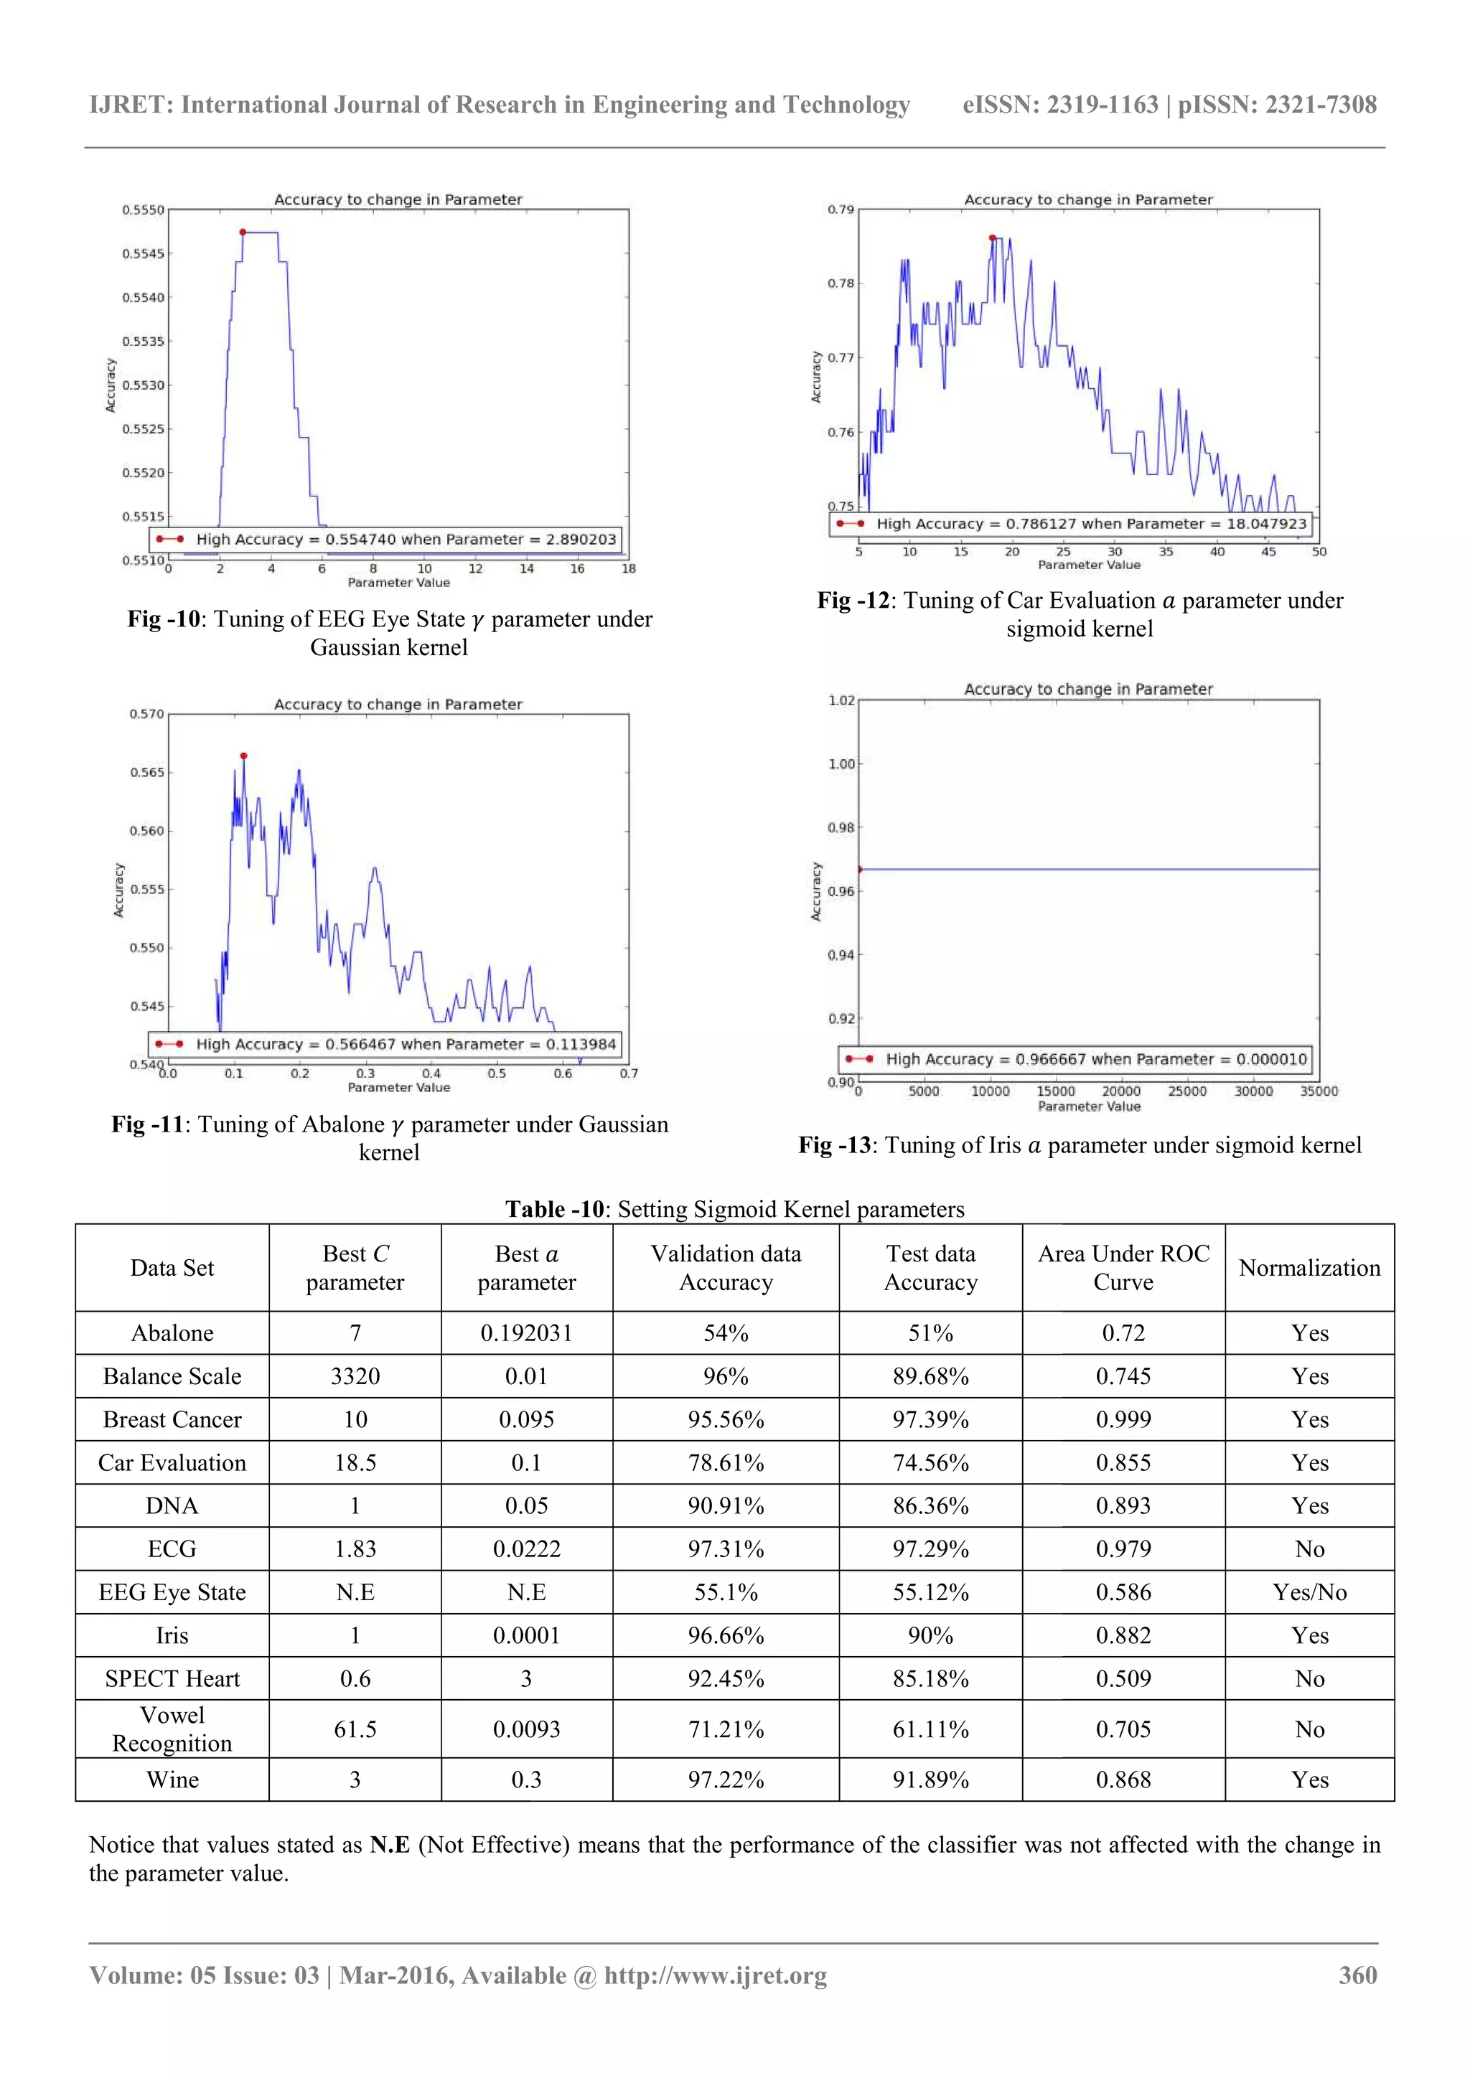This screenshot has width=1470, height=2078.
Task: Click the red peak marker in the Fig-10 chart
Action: coord(243,232)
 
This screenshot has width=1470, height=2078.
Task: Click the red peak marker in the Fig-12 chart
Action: coord(992,238)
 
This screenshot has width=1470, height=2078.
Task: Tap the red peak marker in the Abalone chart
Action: coord(243,756)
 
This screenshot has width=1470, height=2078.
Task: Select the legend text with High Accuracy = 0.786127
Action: coord(1091,524)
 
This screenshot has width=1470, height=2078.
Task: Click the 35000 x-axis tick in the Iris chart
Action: coord(1318,1091)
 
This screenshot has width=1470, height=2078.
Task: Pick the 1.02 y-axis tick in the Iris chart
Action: coord(841,700)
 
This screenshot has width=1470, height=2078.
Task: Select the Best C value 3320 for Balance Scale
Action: coord(355,1376)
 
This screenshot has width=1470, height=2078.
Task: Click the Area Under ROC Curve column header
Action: coord(1123,1268)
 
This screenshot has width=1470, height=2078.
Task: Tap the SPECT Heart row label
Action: coord(172,1679)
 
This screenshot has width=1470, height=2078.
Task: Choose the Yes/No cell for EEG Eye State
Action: coord(1309,1593)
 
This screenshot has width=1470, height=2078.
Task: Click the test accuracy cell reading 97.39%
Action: coord(930,1420)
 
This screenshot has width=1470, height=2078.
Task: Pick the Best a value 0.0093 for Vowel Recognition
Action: coord(526,1729)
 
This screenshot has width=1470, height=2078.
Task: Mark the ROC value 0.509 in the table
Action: coord(1123,1679)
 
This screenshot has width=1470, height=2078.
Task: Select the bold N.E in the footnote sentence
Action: coord(389,1846)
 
